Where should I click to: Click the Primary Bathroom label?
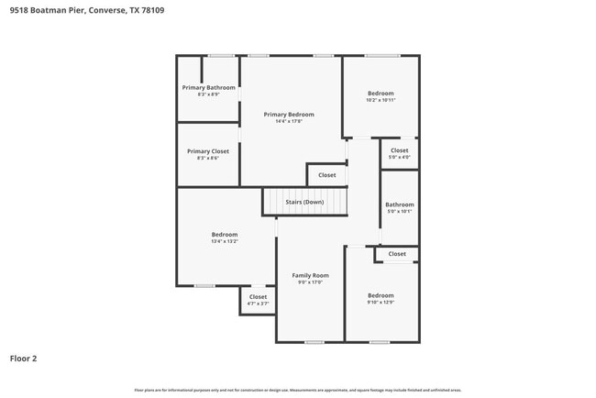pos(202,87)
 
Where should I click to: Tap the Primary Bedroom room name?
pos(289,114)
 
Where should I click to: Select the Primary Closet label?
pos(208,150)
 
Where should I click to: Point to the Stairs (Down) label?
pos(304,202)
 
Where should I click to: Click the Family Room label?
pos(310,275)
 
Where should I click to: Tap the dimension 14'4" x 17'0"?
pos(289,121)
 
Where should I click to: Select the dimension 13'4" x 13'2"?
pos(225,241)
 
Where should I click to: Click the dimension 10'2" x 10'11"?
pos(381,100)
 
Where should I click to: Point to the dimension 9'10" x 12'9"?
pos(381,302)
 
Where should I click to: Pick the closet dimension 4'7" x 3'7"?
pos(258,304)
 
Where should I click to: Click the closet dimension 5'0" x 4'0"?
pos(400,157)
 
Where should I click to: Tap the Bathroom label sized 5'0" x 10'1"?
pos(400,205)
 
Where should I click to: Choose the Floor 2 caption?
pos(23,359)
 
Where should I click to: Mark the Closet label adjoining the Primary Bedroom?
pos(327,174)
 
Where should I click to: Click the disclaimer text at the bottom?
pos(297,391)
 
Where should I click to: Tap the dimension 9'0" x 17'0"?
pos(310,282)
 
